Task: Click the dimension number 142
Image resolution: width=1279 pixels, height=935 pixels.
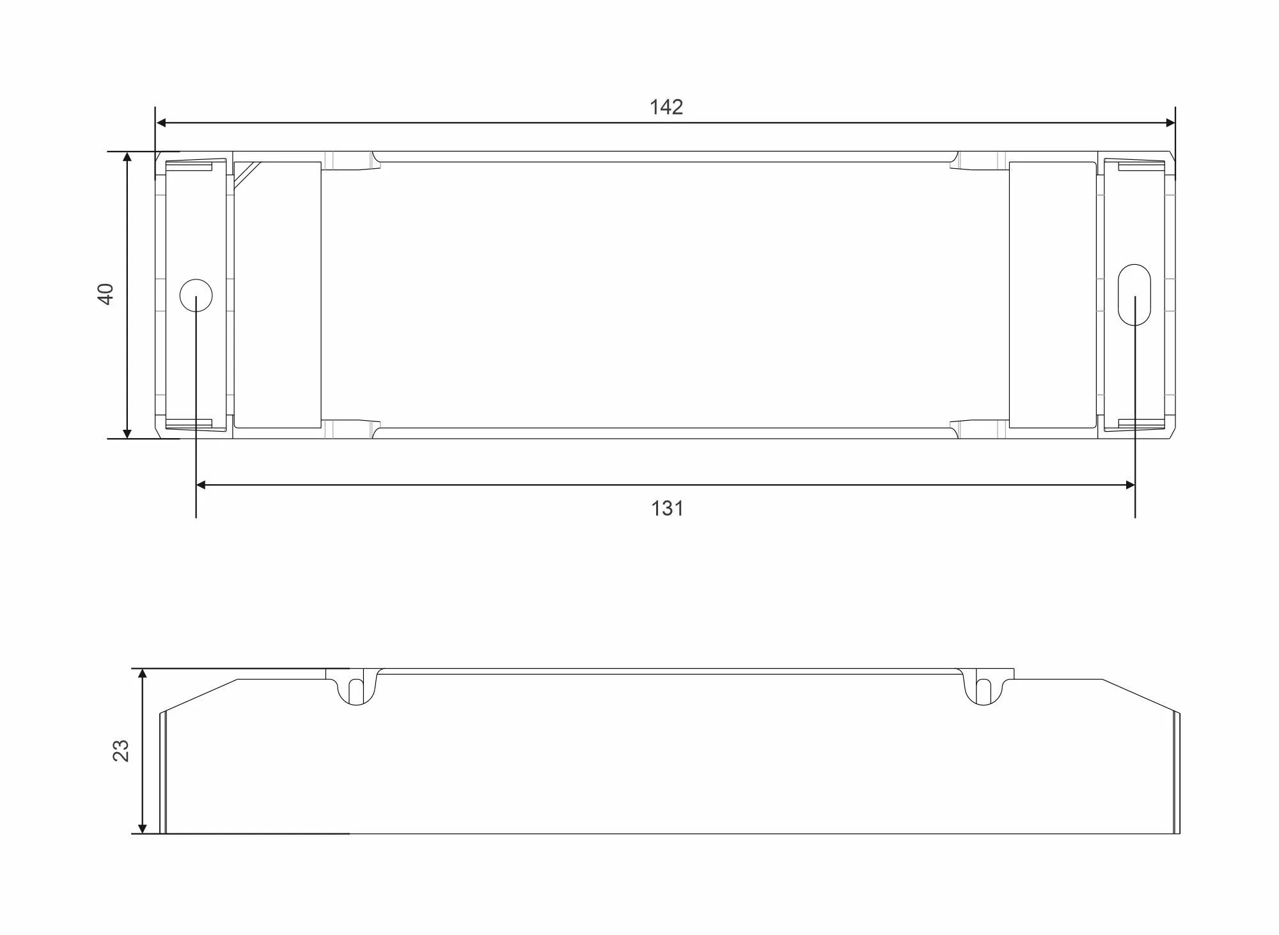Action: click(x=666, y=107)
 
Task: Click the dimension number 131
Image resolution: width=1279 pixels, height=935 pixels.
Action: click(x=667, y=508)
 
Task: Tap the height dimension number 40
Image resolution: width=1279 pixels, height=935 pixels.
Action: click(x=106, y=294)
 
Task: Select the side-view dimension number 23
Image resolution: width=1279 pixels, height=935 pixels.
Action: click(x=121, y=750)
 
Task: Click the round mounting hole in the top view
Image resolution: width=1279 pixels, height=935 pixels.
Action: click(x=196, y=295)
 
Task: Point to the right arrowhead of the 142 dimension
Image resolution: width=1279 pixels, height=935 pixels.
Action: click(x=1170, y=123)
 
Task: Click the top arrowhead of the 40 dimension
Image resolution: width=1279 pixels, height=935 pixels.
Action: click(x=127, y=158)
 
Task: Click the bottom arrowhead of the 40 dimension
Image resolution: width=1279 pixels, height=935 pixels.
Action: click(x=127, y=432)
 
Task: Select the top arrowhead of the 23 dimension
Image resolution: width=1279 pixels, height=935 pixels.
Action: click(x=143, y=675)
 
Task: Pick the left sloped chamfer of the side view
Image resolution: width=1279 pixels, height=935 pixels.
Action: click(x=200, y=695)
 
